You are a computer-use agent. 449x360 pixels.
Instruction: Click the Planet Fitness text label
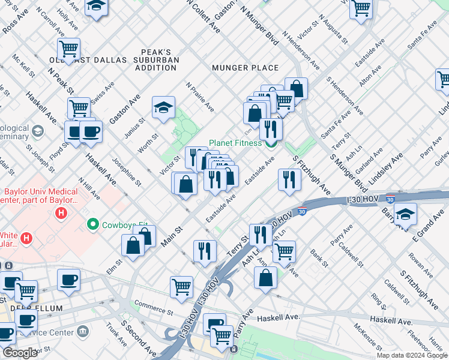tap(235, 143)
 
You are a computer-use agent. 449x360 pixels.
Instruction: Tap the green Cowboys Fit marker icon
tap(93, 225)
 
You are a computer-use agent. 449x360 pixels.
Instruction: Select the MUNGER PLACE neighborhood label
tap(245, 68)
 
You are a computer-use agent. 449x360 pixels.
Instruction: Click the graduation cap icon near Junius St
tap(163, 107)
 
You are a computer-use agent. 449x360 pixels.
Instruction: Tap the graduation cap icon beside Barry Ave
tap(406, 214)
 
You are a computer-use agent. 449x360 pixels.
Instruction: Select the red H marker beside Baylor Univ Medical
tap(60, 213)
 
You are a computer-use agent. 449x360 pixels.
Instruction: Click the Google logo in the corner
tap(20, 353)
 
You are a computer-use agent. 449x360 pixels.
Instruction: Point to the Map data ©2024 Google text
tap(412, 355)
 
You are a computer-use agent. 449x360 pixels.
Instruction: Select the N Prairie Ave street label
tap(200, 97)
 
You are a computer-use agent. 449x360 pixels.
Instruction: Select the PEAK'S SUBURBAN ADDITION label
tap(156, 60)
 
